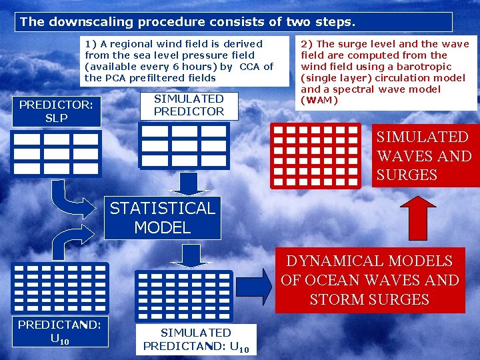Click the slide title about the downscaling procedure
(x=188, y=21)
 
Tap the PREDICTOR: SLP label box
(x=56, y=111)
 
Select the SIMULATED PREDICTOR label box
(x=189, y=105)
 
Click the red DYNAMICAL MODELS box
(x=370, y=280)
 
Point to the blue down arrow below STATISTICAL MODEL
(x=191, y=254)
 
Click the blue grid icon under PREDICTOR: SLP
(x=56, y=153)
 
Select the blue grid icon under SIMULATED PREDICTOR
(x=183, y=145)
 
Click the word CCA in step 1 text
(x=250, y=67)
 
